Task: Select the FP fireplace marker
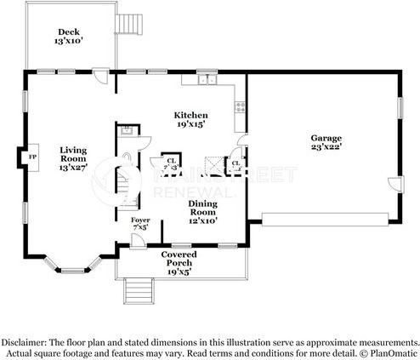pyautogui.click(x=32, y=157)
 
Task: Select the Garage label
pyautogui.click(x=326, y=137)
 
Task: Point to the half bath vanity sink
pyautogui.click(x=126, y=131)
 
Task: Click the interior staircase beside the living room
pyautogui.click(x=128, y=187)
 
